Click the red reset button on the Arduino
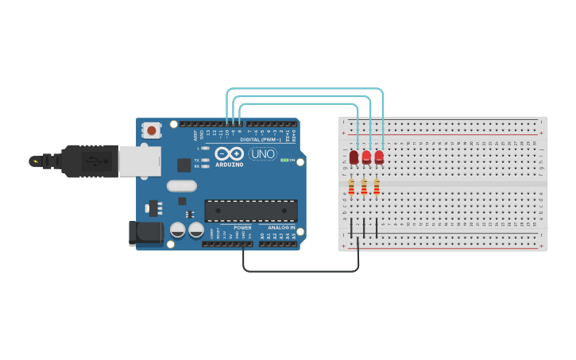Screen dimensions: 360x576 point(151,130)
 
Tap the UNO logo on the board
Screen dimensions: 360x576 point(263,153)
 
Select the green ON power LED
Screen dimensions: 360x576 point(284,160)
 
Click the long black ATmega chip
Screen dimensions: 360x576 point(251,210)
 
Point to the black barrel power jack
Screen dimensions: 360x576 point(143,232)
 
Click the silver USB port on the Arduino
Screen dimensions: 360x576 point(139,160)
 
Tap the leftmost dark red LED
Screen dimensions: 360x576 point(354,157)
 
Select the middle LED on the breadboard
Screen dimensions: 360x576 point(366,157)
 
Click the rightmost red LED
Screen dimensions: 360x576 point(379,157)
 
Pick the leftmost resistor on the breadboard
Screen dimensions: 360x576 point(351,187)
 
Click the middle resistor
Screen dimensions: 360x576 point(364,187)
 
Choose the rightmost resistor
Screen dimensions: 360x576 point(377,187)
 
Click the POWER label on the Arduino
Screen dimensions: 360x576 point(242,228)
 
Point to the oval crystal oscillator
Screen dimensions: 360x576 point(181,186)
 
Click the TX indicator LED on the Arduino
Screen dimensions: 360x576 point(205,160)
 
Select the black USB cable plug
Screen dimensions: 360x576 point(87,161)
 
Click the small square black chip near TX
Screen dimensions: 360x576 point(184,165)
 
